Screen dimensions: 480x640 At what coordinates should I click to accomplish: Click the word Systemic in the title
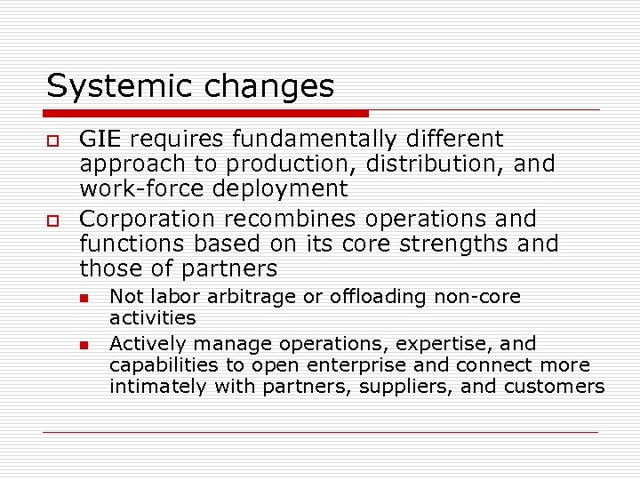108,87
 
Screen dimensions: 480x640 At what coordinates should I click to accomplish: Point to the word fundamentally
310,140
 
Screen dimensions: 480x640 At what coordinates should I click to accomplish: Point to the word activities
153,318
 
